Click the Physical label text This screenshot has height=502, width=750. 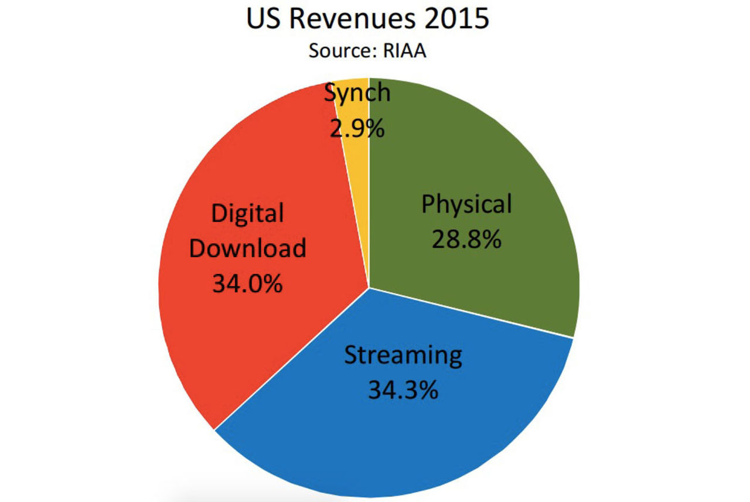coord(467,205)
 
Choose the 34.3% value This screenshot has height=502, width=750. coord(403,390)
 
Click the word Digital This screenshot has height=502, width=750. coord(247,214)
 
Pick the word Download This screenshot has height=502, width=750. coord(248,248)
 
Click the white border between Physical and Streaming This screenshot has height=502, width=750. coord(471,313)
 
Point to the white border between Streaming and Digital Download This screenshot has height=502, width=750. coord(292,358)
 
